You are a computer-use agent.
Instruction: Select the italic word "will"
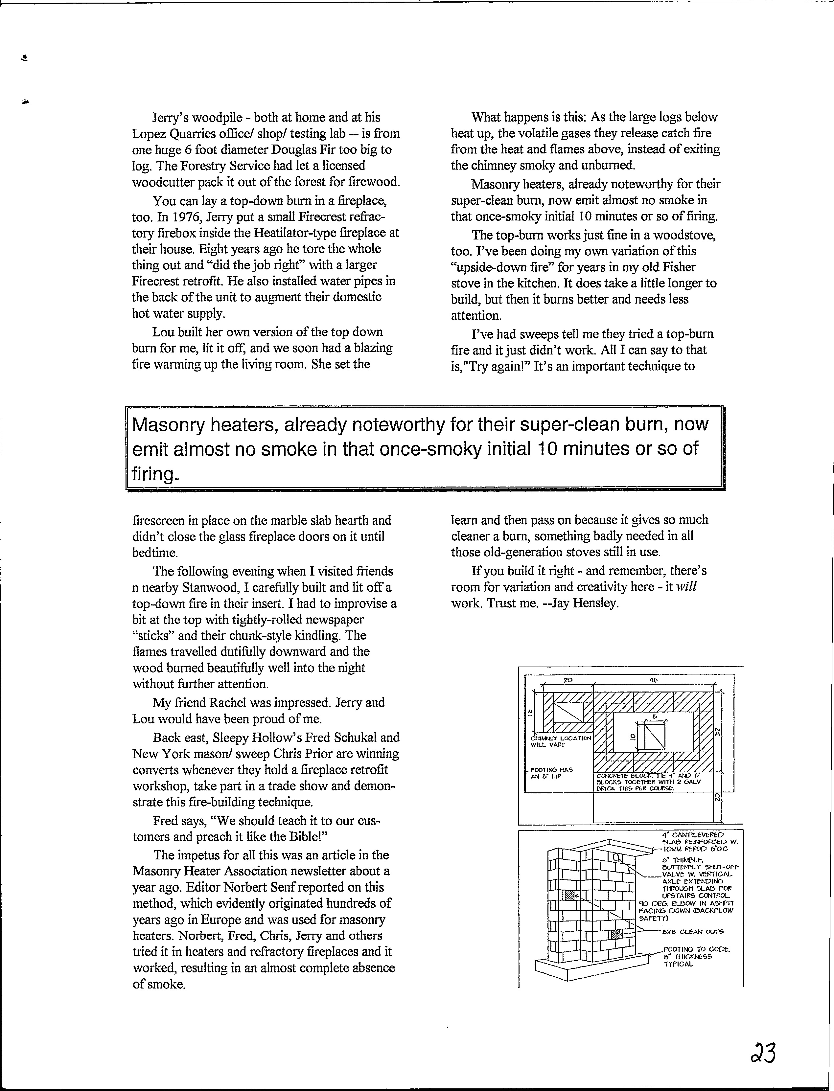point(686,587)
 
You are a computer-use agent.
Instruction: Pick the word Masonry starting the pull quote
point(167,425)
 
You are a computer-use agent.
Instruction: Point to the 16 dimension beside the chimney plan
point(530,713)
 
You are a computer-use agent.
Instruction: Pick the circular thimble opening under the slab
point(615,857)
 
